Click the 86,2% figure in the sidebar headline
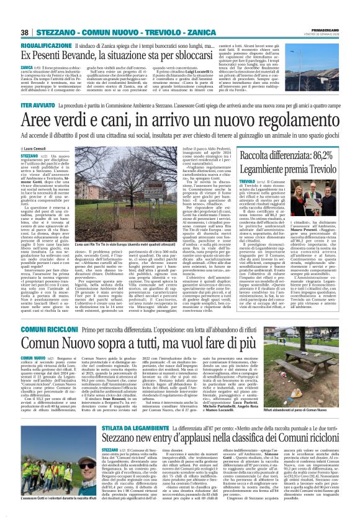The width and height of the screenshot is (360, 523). point(321,155)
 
